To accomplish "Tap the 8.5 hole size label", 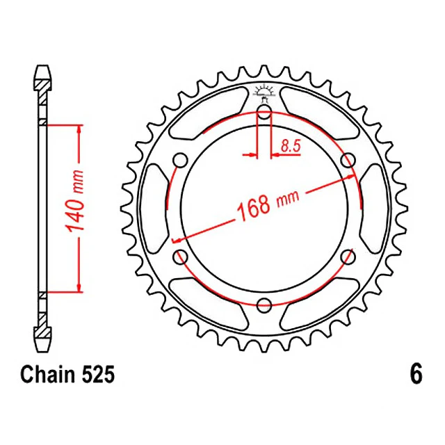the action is coord(291,147).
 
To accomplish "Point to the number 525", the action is coord(99,375).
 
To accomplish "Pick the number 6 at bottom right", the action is coord(416,375).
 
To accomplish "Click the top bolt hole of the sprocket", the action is coord(264,112).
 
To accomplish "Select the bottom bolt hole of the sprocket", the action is coord(264,305).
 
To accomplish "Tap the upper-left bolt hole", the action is coord(181,161).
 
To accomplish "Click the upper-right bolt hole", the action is coord(348,161).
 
